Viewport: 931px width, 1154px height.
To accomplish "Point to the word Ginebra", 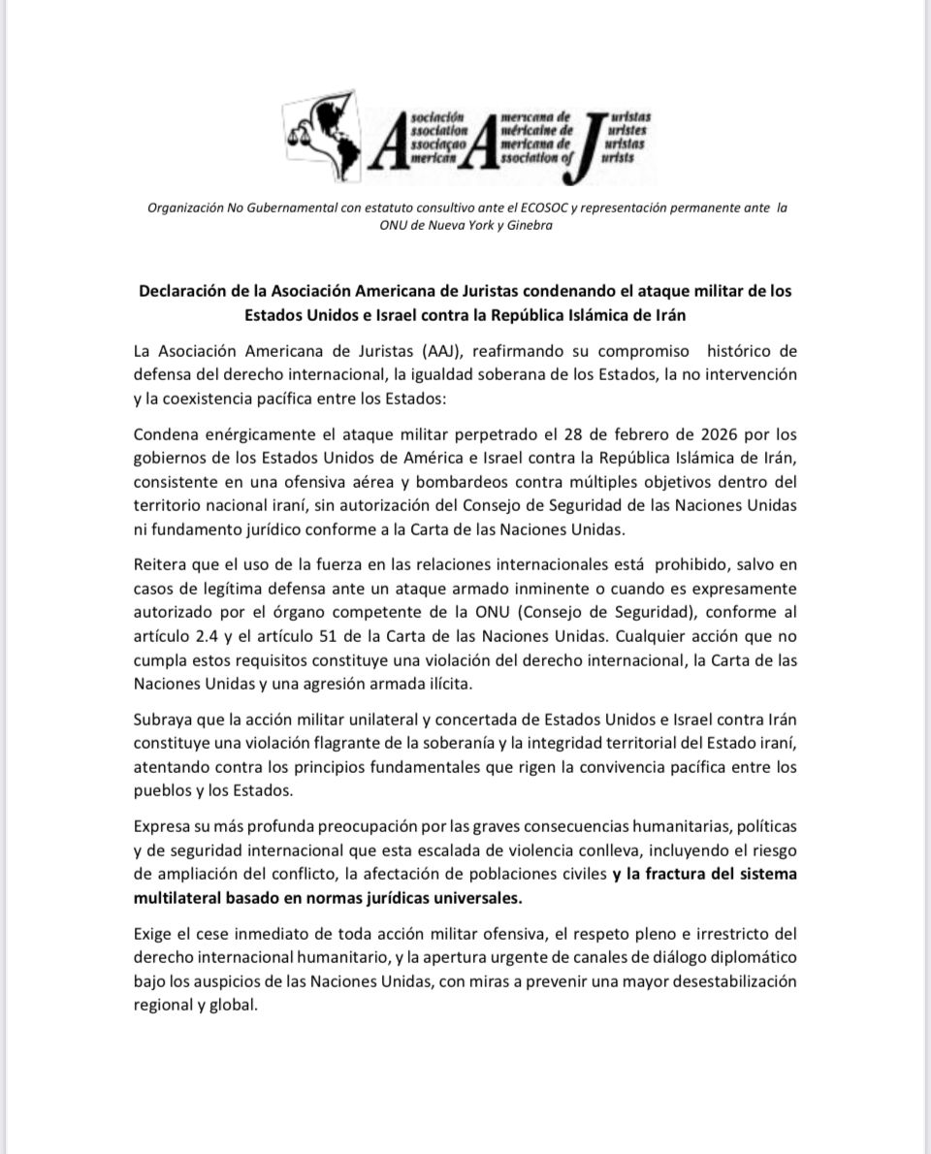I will point(529,225).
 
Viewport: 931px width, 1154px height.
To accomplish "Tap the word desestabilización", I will point(728,980).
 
